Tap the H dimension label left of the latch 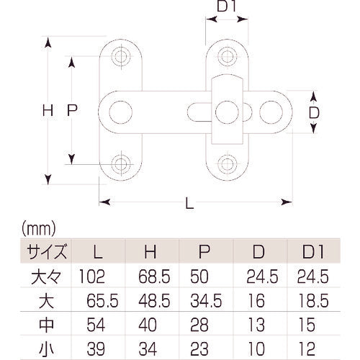[x=48, y=112]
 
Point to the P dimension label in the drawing [x=71, y=111]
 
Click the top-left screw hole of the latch [x=120, y=56]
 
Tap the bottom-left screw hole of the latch [x=120, y=163]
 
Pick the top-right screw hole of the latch [x=228, y=56]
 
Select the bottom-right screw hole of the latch [x=228, y=163]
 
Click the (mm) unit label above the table [x=35, y=230]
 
